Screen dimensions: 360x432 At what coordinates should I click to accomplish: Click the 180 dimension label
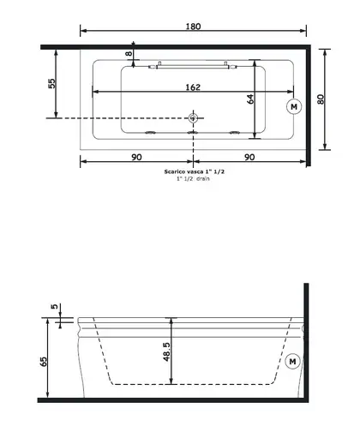coord(194,27)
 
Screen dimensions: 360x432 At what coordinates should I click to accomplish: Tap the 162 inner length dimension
coord(193,87)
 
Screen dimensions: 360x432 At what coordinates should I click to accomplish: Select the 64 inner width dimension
coord(250,99)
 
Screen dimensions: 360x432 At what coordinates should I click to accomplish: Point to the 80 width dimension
coord(321,99)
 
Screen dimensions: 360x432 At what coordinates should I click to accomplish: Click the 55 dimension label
coord(52,83)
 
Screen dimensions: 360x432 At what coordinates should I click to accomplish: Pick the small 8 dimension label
coord(129,53)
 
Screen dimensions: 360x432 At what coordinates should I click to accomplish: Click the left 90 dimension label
coord(136,157)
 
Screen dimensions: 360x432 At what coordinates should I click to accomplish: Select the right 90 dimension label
coord(249,157)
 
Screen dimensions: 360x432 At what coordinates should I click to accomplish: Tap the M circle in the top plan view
coord(294,106)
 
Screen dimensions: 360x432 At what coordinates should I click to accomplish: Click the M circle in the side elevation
coord(292,362)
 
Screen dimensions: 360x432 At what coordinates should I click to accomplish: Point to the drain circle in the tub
coord(193,117)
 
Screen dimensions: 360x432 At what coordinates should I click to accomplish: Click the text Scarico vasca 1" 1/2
coord(195,171)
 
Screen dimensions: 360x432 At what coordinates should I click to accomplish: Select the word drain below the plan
coord(203,178)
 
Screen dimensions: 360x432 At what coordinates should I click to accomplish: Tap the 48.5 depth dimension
coord(166,352)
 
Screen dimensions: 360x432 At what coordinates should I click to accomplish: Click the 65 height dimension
coord(44,362)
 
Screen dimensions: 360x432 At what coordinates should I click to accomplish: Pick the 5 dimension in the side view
coord(54,307)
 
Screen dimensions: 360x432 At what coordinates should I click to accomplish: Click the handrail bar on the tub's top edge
coord(193,67)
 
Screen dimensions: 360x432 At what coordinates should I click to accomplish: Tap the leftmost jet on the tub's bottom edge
coord(150,133)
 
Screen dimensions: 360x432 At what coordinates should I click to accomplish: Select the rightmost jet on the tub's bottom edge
coord(235,133)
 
